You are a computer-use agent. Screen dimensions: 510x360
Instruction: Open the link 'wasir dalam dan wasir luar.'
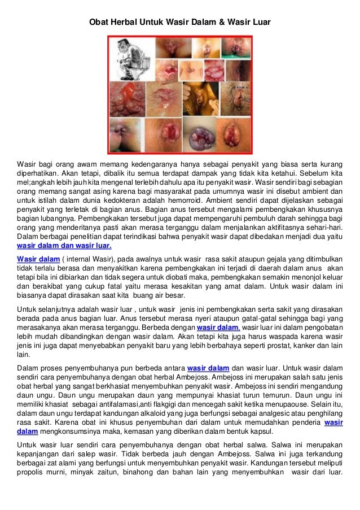[64, 246]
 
